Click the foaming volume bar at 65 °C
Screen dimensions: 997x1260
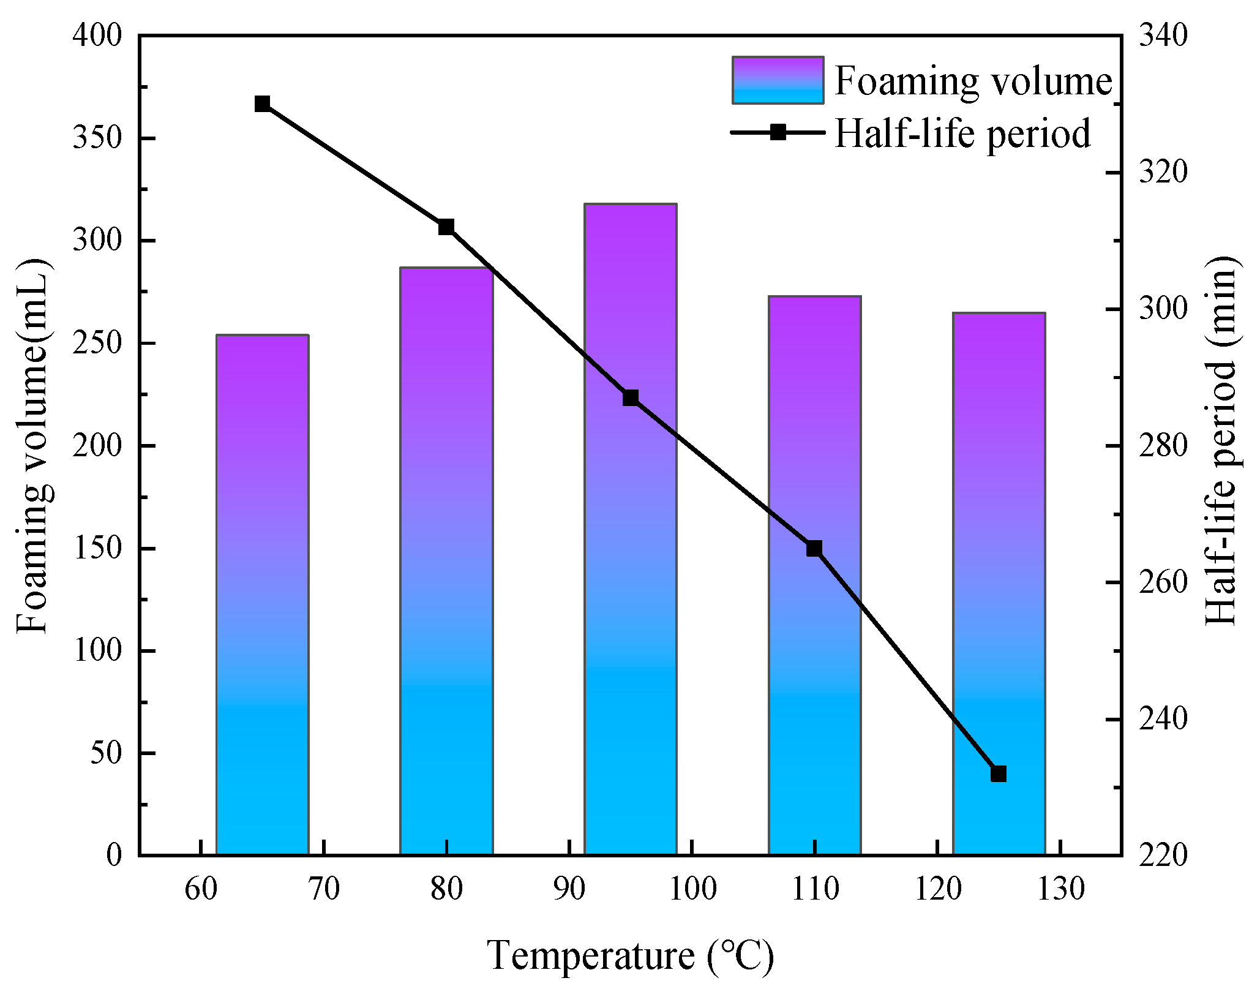tap(262, 594)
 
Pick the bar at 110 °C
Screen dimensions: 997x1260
tap(814, 575)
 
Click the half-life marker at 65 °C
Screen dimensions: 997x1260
tap(262, 103)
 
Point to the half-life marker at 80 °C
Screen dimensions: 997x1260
tap(446, 227)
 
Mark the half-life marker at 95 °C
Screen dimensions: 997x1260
tap(631, 398)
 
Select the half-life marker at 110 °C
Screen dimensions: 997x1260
tap(814, 548)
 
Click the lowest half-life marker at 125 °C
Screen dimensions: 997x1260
tap(999, 773)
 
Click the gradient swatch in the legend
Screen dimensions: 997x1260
tap(778, 80)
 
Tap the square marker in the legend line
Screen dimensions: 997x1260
tap(778, 132)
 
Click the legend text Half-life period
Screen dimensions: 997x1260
tap(962, 133)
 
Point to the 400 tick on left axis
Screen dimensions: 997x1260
tap(97, 36)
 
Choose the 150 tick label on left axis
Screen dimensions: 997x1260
tap(97, 547)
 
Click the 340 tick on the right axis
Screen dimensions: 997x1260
tap(1163, 36)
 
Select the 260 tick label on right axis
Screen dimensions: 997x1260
tap(1163, 582)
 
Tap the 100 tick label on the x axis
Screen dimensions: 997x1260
tap(692, 889)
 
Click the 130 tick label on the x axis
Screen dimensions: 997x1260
tap(1060, 889)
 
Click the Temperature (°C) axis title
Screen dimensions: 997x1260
tap(631, 955)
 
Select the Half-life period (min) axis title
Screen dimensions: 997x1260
tap(1221, 441)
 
